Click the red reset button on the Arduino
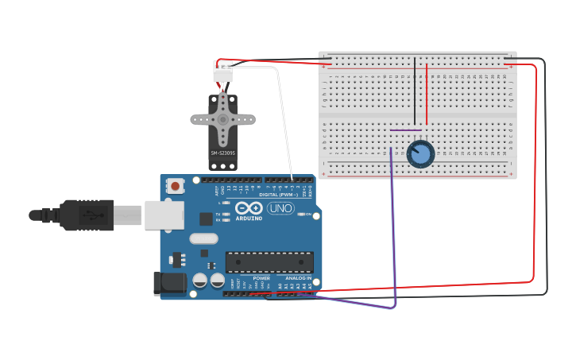175,186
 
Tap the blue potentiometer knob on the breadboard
421,153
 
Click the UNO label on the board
280,208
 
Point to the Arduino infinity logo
248,208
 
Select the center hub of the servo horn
223,120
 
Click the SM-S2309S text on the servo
223,153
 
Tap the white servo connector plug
222,72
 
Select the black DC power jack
168,283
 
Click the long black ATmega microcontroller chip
269,262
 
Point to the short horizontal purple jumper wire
405,130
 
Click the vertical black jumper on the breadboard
415,91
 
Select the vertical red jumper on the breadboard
427,94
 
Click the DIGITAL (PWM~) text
278,195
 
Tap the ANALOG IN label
298,278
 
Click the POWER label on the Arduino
261,278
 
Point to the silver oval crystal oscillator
203,238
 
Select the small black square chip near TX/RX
206,219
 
